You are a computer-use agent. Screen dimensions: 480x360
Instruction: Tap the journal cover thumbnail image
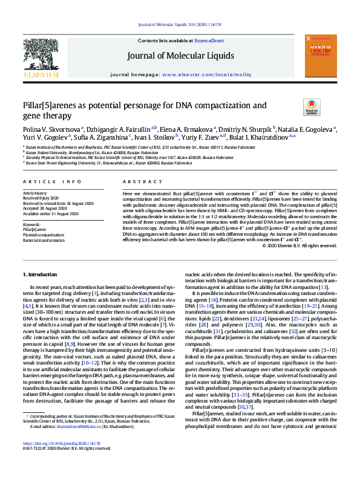tap(320, 55)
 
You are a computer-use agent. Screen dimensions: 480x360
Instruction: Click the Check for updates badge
tap(312, 108)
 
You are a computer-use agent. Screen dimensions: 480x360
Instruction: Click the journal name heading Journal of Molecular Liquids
tap(180, 56)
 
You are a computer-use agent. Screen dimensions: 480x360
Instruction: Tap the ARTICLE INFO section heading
tap(52, 181)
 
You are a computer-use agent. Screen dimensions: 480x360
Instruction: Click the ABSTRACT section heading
tap(137, 181)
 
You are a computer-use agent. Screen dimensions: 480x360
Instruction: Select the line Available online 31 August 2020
tap(51, 213)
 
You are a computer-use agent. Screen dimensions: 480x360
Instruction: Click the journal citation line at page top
tap(180, 25)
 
